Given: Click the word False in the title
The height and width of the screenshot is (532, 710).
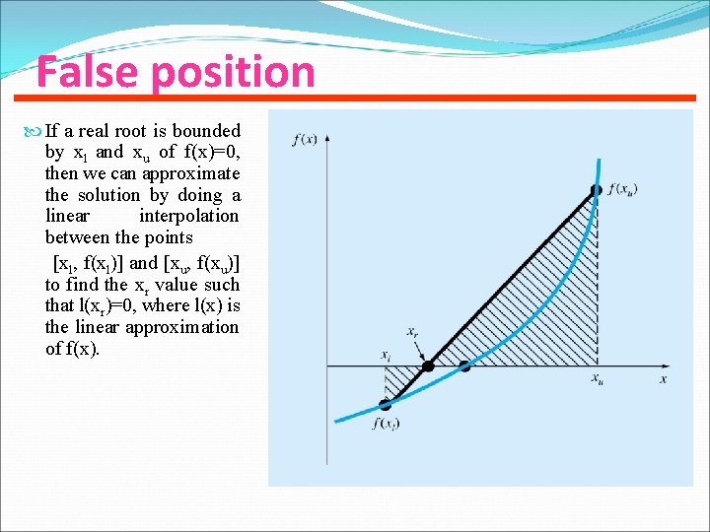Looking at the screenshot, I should (x=80, y=72).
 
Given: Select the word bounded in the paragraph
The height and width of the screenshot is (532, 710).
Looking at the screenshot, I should (x=206, y=130).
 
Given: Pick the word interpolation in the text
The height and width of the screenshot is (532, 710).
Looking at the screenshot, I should (x=188, y=215).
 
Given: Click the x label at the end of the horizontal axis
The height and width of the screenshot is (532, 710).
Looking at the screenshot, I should (x=664, y=378).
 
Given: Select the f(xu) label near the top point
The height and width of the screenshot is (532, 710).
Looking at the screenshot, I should (x=623, y=188).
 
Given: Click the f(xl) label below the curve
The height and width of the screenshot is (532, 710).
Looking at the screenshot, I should (x=385, y=424).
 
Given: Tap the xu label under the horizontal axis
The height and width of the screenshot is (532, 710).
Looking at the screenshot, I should (x=598, y=379).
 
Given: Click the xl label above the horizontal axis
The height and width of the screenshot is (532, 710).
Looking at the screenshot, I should (x=386, y=354).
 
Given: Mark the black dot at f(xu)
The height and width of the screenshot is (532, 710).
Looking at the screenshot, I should (x=596, y=189).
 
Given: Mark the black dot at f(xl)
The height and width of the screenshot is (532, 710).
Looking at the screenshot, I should (x=386, y=404).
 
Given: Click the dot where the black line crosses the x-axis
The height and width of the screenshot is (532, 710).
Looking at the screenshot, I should (x=427, y=366).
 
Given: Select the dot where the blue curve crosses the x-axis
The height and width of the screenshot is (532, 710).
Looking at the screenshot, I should (x=464, y=366).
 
